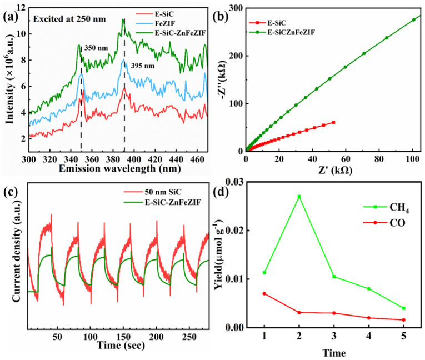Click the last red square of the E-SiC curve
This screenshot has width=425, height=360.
click(x=333, y=122)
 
